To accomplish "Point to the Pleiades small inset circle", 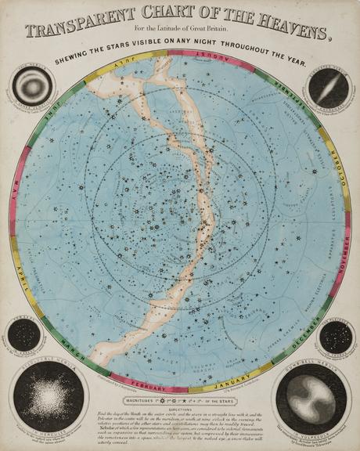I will [336, 335].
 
